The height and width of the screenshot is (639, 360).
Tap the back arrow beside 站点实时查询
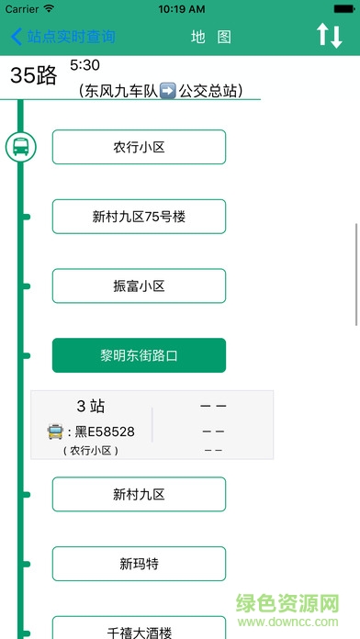tap(16, 37)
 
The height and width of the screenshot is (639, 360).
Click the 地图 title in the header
tap(211, 37)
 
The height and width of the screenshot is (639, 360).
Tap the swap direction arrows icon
tap(329, 37)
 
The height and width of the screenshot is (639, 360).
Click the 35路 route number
tap(34, 76)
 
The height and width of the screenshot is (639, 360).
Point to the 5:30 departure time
tap(84, 66)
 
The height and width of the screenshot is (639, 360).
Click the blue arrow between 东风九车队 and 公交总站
tap(167, 91)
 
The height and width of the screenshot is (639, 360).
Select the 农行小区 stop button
tap(139, 147)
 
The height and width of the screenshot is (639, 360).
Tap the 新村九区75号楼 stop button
tap(139, 217)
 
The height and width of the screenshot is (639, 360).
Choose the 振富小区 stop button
tap(139, 286)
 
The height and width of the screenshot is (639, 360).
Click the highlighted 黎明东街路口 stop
tap(139, 355)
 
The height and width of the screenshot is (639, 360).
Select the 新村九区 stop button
tap(139, 494)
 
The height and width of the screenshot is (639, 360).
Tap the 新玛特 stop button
tap(139, 564)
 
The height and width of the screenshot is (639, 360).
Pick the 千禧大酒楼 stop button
tap(139, 630)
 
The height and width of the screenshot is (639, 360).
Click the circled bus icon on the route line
tap(20, 147)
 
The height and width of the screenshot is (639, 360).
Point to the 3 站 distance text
tap(91, 407)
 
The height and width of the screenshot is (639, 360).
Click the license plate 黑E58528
tap(105, 431)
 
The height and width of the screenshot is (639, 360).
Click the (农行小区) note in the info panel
tap(91, 450)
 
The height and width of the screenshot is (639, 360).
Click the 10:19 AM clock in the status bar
tap(181, 9)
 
